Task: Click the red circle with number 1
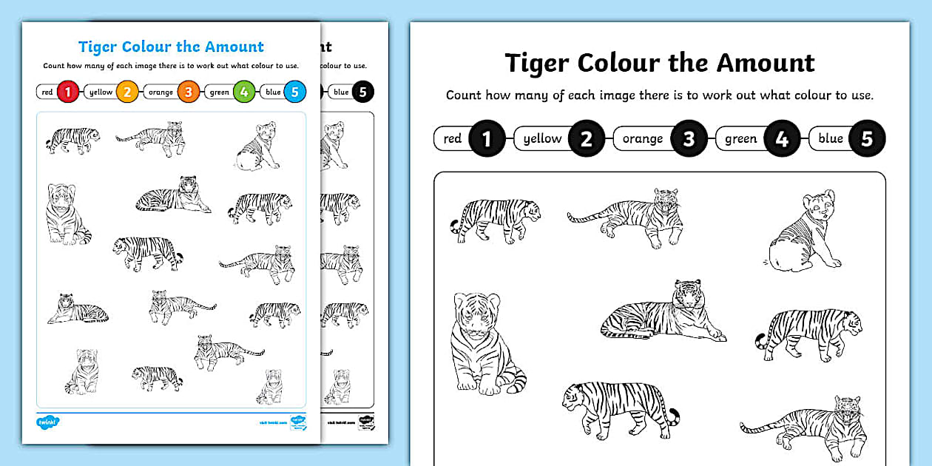pyautogui.click(x=68, y=92)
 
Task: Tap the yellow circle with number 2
pyautogui.click(x=127, y=92)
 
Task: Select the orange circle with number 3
pyautogui.click(x=189, y=92)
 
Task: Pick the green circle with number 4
pyautogui.click(x=243, y=92)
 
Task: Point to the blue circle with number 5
pyautogui.click(x=294, y=92)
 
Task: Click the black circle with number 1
pyautogui.click(x=487, y=138)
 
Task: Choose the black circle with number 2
pyautogui.click(x=587, y=138)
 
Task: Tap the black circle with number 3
pyautogui.click(x=689, y=138)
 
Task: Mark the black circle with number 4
pyautogui.click(x=782, y=138)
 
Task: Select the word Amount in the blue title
pyautogui.click(x=235, y=47)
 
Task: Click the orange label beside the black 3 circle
pyautogui.click(x=642, y=138)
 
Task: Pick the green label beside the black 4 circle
pyautogui.click(x=740, y=138)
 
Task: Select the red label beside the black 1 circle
pyautogui.click(x=453, y=138)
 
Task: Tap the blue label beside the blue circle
pyautogui.click(x=273, y=92)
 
